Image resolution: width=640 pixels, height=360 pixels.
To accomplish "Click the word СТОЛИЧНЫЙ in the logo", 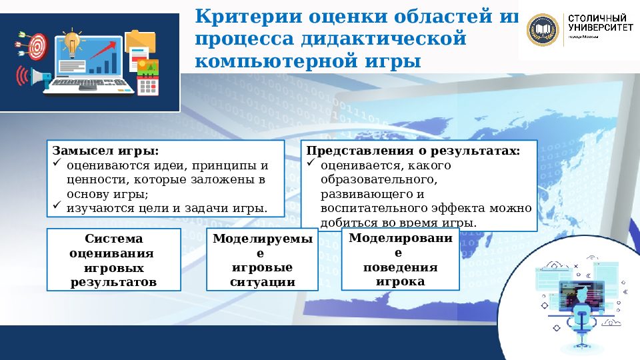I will click(596, 17).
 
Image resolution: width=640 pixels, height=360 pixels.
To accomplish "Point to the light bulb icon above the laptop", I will click(71, 41).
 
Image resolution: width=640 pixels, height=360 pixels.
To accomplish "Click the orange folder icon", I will click(140, 41).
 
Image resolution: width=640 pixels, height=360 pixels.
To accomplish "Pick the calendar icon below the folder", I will click(147, 85).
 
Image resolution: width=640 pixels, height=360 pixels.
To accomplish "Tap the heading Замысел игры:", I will click(105, 151).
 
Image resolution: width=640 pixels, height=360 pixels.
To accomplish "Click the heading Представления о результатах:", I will click(413, 151).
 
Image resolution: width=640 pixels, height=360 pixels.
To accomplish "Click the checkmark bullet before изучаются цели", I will click(57, 206).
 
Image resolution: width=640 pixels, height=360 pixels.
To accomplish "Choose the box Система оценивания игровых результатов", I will click(113, 260).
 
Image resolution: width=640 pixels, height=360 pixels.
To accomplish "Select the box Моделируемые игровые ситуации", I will click(262, 260).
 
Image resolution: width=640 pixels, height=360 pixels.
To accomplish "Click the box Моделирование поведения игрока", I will click(400, 259).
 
